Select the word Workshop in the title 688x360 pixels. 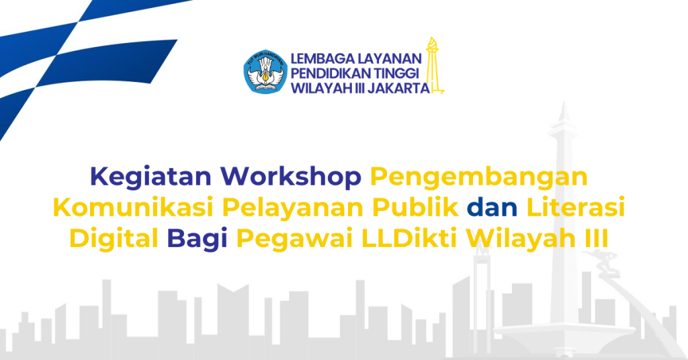pos(291,177)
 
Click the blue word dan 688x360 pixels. pos(492,208)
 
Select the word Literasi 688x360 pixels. pos(575,208)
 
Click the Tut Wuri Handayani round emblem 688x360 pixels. pos(265,72)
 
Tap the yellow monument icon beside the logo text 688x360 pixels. pos(434,65)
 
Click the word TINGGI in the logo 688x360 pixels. pos(396,74)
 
